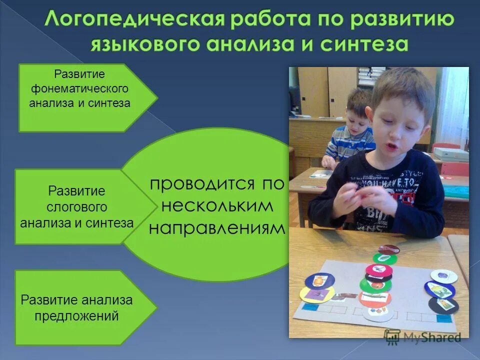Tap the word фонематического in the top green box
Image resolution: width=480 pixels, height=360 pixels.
pos(79,89)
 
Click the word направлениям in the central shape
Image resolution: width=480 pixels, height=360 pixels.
pos(217,228)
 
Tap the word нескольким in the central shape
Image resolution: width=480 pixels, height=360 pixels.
pos(217,205)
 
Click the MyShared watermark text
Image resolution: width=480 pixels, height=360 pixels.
pos(430,337)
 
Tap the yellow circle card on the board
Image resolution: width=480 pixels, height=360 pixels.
pos(316,294)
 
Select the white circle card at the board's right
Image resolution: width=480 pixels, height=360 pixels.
pos(443,275)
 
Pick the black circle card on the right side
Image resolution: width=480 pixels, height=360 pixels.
pos(443,304)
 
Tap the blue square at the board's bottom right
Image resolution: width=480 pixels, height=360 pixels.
pos(443,318)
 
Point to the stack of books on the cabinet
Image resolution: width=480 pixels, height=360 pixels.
pos(371,75)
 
